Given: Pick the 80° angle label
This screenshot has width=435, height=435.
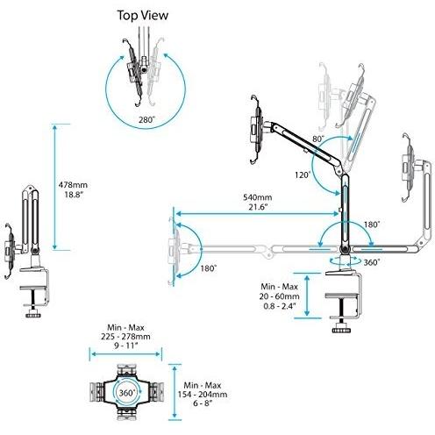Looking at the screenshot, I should [317, 139].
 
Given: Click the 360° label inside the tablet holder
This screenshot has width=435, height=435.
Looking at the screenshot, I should [127, 394].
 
